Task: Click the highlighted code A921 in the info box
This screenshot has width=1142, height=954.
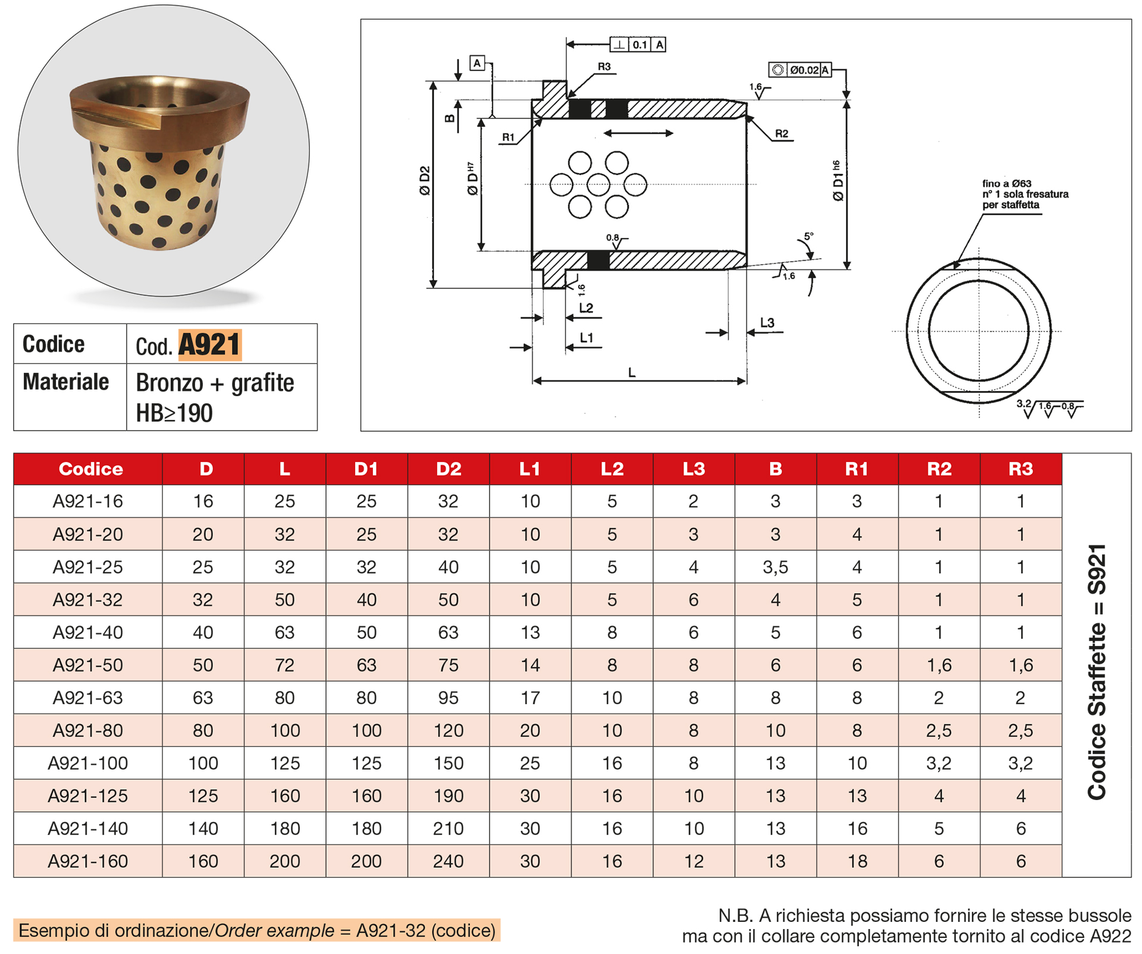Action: (x=209, y=345)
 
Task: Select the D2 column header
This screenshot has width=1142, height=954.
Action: (x=448, y=469)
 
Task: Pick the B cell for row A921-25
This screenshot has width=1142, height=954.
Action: (x=775, y=567)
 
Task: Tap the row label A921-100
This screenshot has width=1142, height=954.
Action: (x=87, y=763)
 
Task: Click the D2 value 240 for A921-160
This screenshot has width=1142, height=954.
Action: (x=448, y=861)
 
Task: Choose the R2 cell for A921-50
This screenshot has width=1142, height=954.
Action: (x=939, y=666)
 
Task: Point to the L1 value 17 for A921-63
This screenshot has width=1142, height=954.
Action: (x=529, y=698)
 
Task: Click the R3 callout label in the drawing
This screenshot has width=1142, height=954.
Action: (x=604, y=67)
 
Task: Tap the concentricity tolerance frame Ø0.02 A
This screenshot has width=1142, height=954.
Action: (x=800, y=70)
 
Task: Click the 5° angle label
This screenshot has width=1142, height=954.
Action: (x=808, y=237)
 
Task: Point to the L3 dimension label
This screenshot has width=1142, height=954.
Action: (x=767, y=323)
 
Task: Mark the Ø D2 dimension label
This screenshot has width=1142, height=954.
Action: (x=425, y=181)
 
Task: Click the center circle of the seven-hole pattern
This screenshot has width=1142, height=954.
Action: (x=598, y=184)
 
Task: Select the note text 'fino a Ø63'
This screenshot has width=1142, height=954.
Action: (x=1006, y=184)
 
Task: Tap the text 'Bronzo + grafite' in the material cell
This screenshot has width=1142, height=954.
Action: (x=215, y=383)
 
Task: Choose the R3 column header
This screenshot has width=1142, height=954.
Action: (x=1020, y=469)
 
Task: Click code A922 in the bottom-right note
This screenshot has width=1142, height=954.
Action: (x=1110, y=936)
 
